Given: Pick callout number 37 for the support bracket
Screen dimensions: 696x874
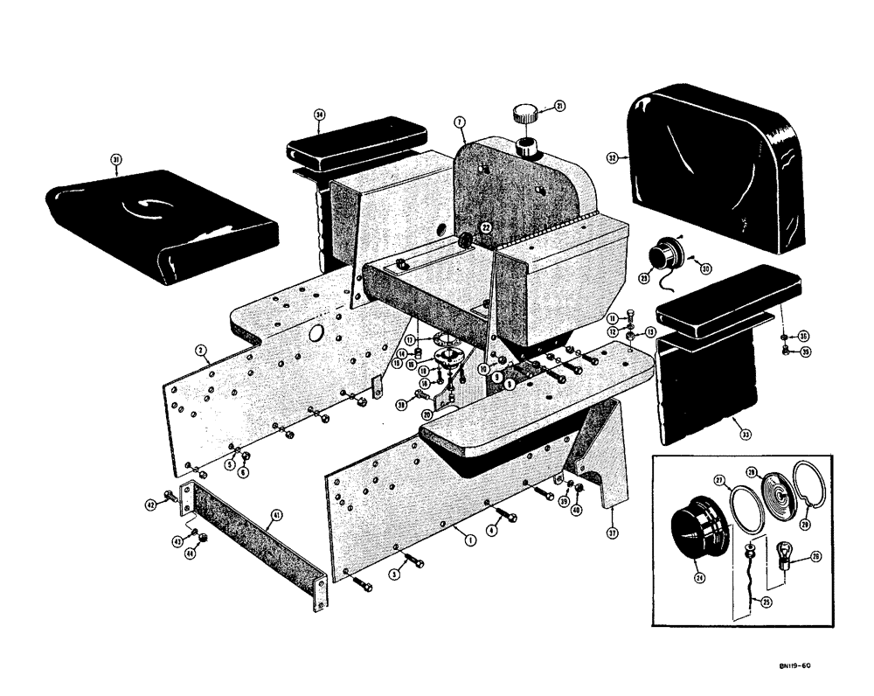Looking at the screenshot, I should [612, 532].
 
